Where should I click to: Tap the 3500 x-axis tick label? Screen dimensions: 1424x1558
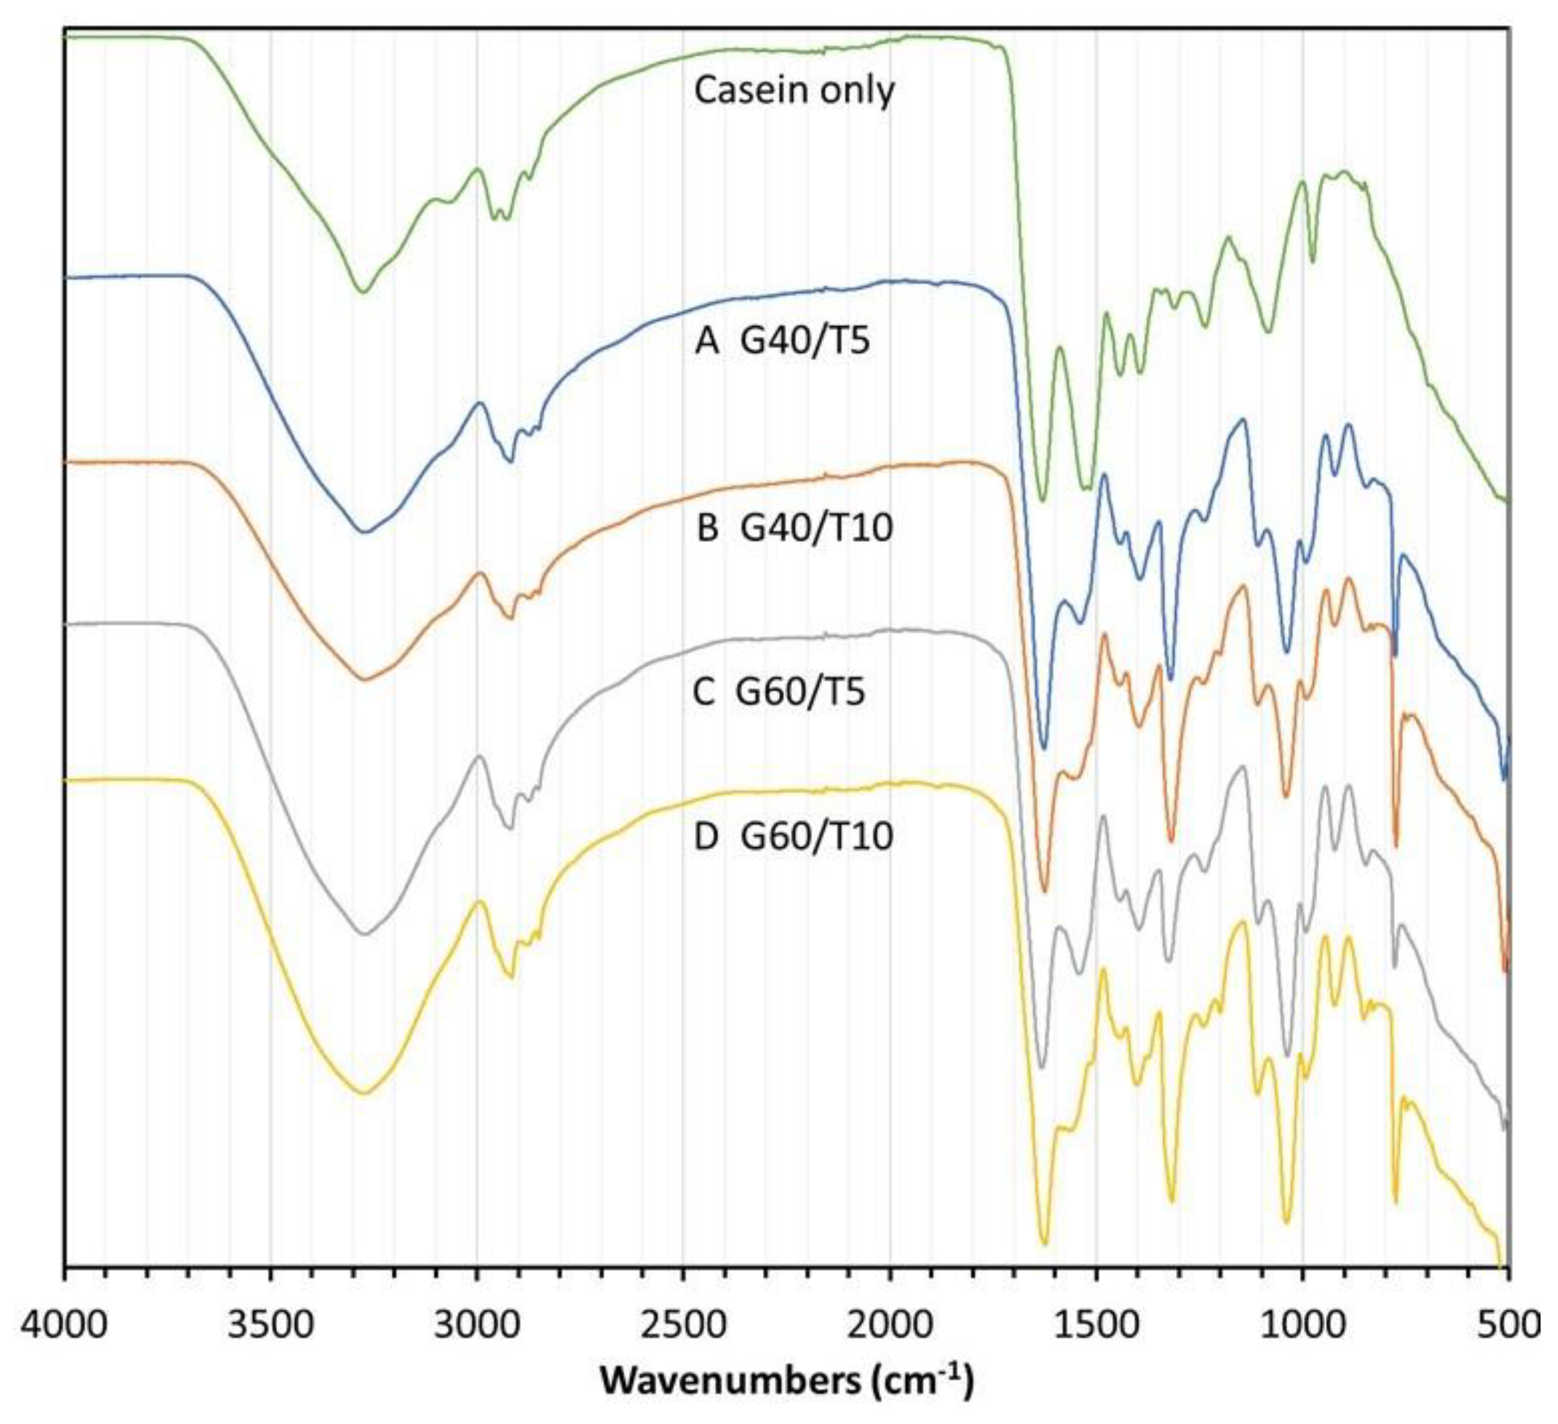(x=271, y=1326)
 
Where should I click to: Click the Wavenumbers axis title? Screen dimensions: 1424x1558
(x=787, y=1379)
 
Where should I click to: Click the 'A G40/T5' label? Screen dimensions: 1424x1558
(x=782, y=340)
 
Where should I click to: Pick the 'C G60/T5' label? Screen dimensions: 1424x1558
(x=779, y=690)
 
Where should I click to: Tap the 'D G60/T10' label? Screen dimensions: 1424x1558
(x=793, y=837)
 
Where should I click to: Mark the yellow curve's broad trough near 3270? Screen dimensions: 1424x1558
(x=364, y=1093)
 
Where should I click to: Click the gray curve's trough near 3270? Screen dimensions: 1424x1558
(x=364, y=934)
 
